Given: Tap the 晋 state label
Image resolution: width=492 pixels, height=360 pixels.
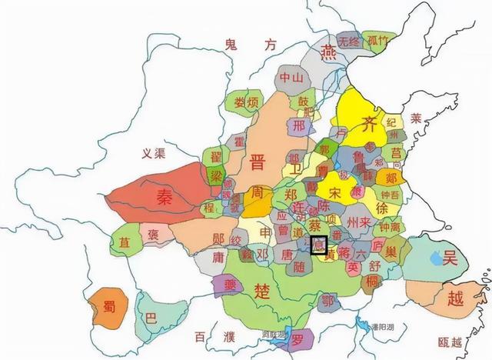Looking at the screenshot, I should click(257, 162).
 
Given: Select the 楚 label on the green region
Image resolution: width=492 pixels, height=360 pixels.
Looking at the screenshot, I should click(258, 289).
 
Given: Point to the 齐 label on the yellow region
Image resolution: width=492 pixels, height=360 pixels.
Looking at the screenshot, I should click(370, 124).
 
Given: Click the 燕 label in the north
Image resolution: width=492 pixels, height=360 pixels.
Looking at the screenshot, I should click(328, 52).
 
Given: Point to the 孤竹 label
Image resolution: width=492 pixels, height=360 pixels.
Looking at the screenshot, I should click(378, 41).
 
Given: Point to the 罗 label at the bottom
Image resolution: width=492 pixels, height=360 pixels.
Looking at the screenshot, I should click(298, 339).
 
